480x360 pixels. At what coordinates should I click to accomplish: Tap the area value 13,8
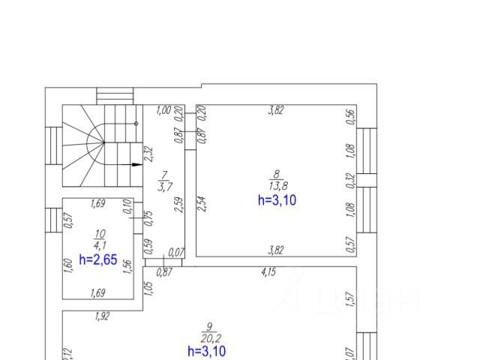[276, 184]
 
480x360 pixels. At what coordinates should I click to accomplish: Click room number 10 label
[97, 234]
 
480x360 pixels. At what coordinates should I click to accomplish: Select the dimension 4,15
[268, 272]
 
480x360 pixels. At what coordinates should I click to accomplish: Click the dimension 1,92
[102, 316]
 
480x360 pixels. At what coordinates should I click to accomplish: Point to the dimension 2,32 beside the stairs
[150, 154]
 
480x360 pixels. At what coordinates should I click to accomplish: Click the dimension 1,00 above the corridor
[163, 110]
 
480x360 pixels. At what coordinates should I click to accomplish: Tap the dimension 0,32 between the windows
[350, 180]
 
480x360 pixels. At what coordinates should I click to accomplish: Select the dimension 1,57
[349, 299]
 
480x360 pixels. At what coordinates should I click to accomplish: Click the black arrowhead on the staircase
[136, 163]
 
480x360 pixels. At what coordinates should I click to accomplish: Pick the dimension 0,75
[149, 217]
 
